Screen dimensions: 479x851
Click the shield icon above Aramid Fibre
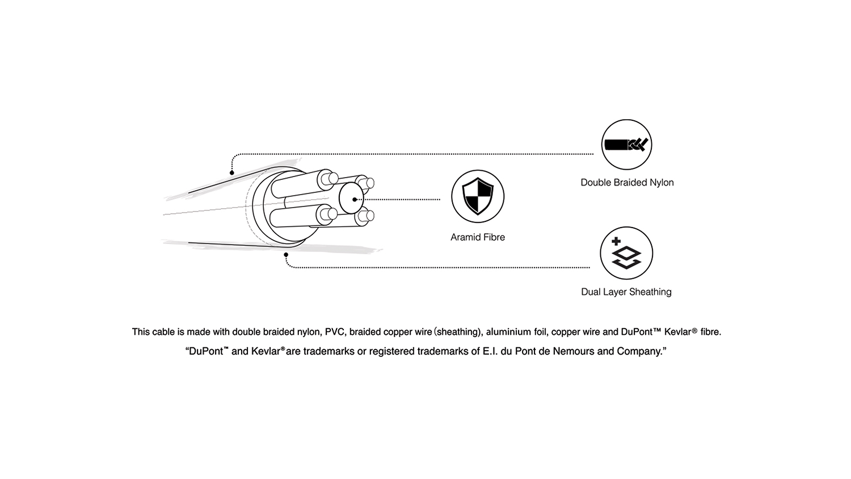[x=478, y=196]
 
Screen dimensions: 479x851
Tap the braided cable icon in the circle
[x=626, y=145]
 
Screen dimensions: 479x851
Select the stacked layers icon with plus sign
[x=626, y=254]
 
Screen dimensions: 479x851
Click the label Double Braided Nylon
[x=627, y=183]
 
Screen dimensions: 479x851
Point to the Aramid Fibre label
[x=478, y=237]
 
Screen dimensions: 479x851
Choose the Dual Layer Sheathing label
[x=626, y=292]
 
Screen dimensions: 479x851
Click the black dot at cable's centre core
[x=355, y=199]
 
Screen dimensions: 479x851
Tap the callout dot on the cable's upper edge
[x=232, y=173]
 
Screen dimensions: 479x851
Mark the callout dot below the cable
[x=286, y=255]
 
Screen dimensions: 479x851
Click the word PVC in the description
[x=335, y=332]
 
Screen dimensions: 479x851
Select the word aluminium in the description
[x=508, y=332]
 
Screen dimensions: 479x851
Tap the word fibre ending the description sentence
[x=710, y=332]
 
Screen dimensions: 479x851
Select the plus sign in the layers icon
[x=616, y=242]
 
